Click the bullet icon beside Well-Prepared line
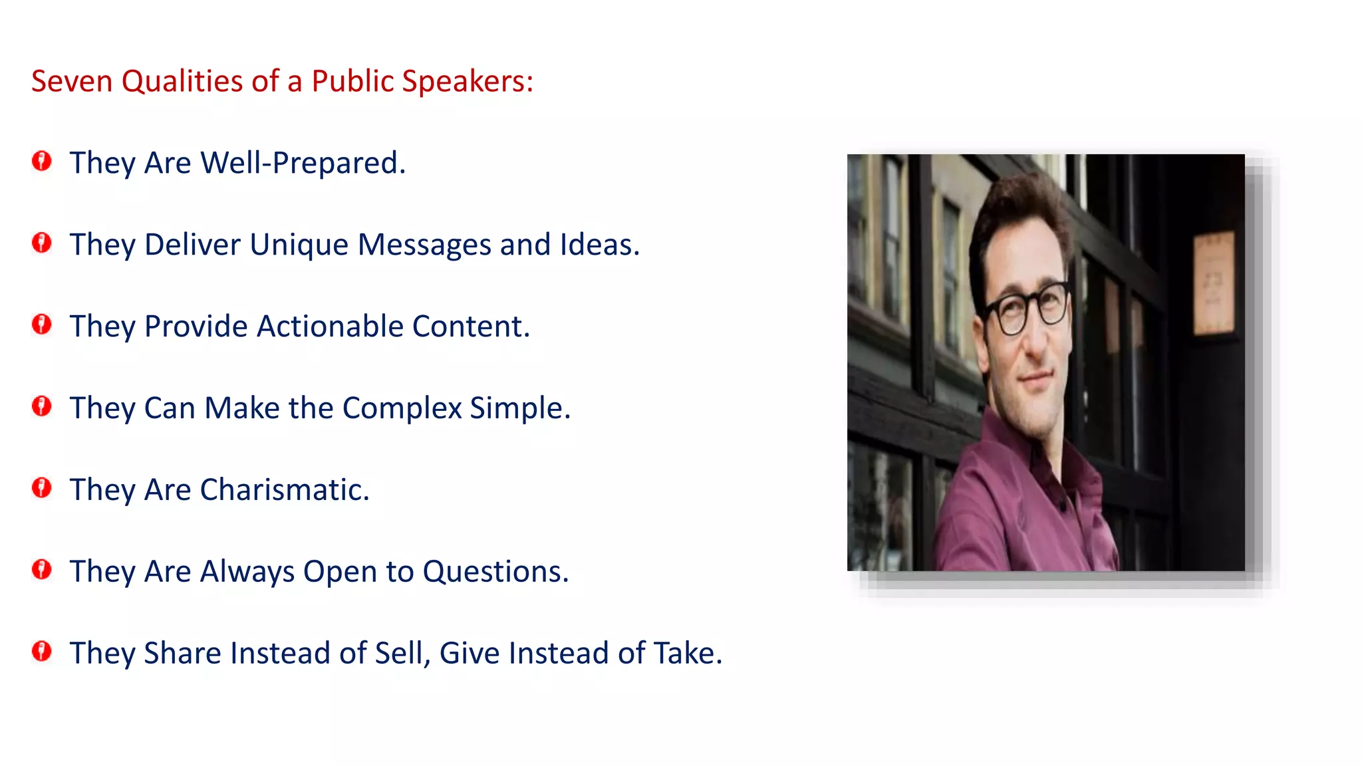[x=42, y=161]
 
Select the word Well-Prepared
[x=303, y=164]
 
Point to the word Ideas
[x=599, y=245]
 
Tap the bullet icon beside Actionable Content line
[x=42, y=324]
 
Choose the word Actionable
[x=330, y=326]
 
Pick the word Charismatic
[x=284, y=490]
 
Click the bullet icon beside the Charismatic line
[x=42, y=488]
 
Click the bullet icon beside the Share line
[x=42, y=652]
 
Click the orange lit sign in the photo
[x=1213, y=283]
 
